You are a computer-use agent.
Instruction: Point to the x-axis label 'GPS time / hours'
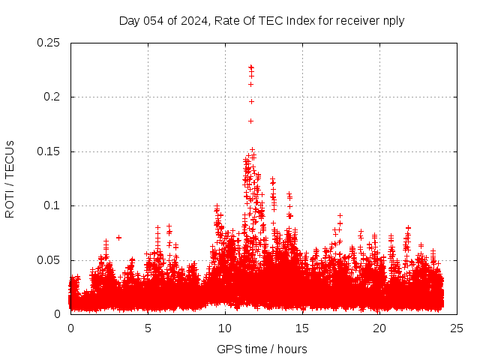[x=262, y=349]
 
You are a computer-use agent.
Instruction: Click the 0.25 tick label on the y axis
[x=49, y=43]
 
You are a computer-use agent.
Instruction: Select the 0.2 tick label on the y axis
[x=52, y=97]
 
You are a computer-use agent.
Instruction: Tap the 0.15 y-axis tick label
[x=49, y=151]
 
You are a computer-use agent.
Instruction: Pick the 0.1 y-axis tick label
[x=52, y=205]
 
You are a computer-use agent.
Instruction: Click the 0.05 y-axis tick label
[x=49, y=260]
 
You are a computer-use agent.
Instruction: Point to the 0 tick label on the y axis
[x=59, y=314]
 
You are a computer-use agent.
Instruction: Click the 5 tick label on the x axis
[x=148, y=328]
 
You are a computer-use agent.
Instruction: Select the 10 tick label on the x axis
[x=225, y=328]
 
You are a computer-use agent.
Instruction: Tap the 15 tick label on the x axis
[x=302, y=328]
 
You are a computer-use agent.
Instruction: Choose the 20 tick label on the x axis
[x=379, y=328]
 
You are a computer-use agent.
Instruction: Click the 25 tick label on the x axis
[x=457, y=328]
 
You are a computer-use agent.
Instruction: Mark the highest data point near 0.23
[x=250, y=67]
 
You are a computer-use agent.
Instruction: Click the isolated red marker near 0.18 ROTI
[x=250, y=121]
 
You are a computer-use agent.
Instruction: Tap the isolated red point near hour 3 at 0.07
[x=118, y=238]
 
